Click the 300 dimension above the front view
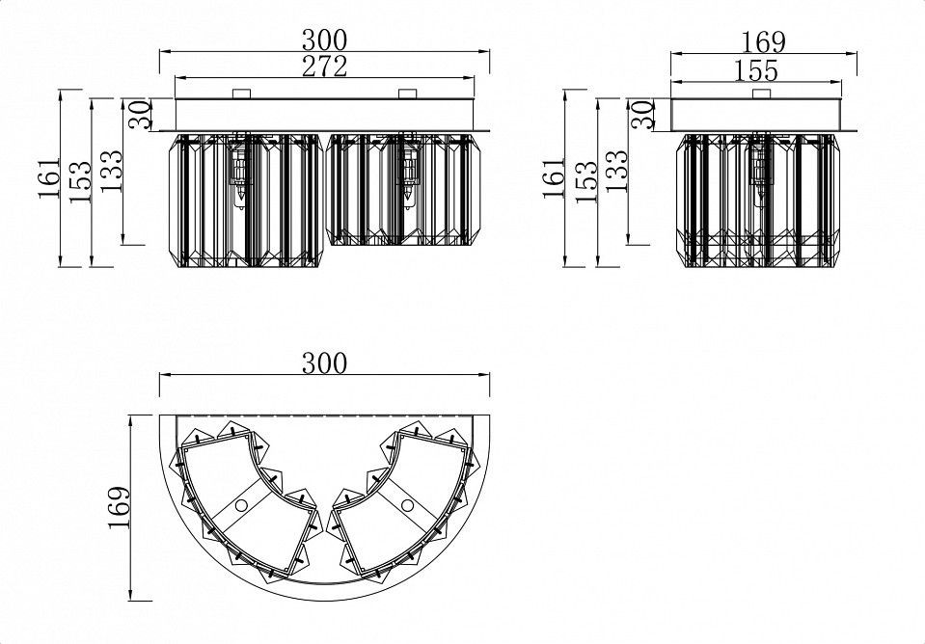tap(324, 40)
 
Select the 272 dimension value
tap(324, 67)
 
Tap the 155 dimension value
tap(756, 70)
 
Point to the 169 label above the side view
tap(763, 41)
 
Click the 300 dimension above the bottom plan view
tap(324, 363)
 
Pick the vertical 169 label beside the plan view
tap(120, 508)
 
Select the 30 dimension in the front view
tap(140, 115)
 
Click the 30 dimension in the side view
tap(643, 115)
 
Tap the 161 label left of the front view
tap(49, 177)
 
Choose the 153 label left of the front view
tap(81, 182)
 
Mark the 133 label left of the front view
tap(111, 171)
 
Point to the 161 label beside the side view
tap(554, 177)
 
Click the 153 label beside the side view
tap(585, 182)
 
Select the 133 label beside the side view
tap(616, 171)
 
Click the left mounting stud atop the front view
tap(242, 94)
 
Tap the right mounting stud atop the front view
tap(408, 94)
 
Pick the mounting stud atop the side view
tap(762, 94)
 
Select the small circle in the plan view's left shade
tap(241, 505)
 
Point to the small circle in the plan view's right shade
tap(407, 505)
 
